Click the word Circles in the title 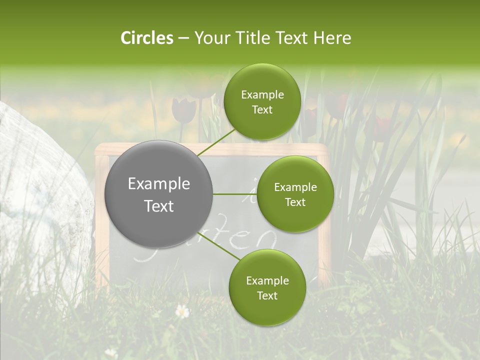[x=147, y=38]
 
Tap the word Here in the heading [x=332, y=38]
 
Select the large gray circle [x=159, y=194]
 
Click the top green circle [x=262, y=102]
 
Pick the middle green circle [x=295, y=194]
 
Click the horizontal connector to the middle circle [x=235, y=194]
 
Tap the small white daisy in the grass [x=182, y=312]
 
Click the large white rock [x=40, y=200]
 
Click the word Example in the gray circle [x=159, y=184]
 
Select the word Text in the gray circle [x=159, y=206]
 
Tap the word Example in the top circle [x=262, y=95]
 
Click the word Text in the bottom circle [x=267, y=295]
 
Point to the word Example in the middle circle [x=295, y=187]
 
